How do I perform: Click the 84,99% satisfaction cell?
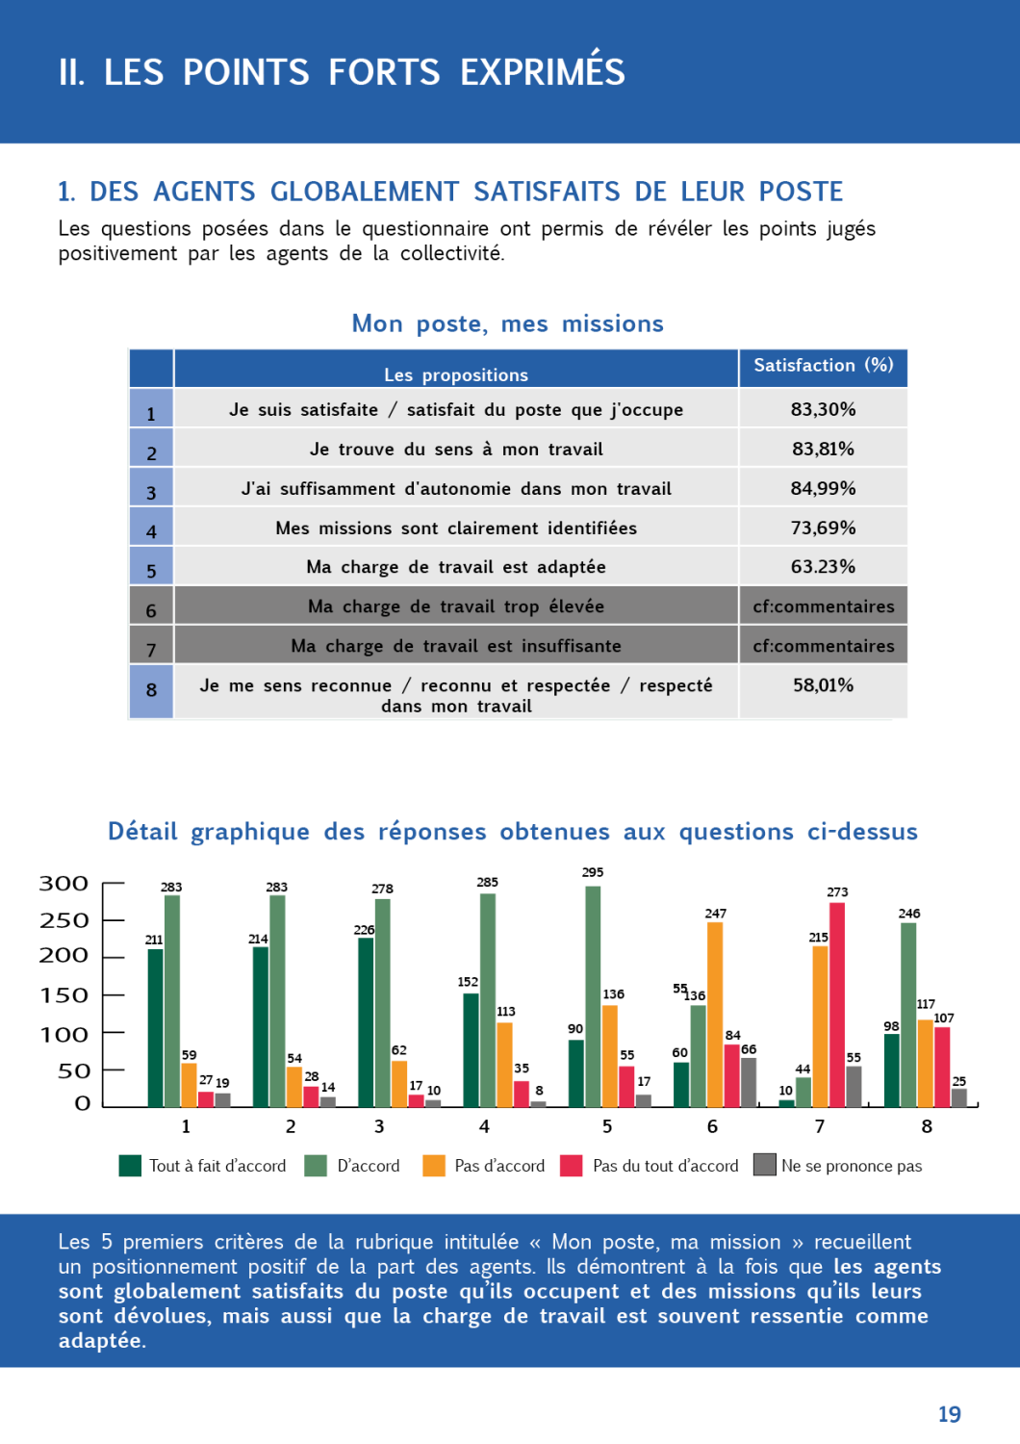(x=823, y=488)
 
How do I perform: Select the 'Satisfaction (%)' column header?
(x=823, y=366)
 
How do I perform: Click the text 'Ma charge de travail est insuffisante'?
(x=456, y=646)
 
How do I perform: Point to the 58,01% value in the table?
(x=823, y=685)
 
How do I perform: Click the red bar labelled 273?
(x=837, y=1004)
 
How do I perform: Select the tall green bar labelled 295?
(x=593, y=996)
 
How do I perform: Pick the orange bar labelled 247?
(x=715, y=1015)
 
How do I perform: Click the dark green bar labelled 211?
(x=155, y=1027)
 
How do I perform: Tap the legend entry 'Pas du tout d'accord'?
(x=665, y=1166)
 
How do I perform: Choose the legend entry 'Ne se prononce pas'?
(x=851, y=1166)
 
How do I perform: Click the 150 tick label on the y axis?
(x=64, y=995)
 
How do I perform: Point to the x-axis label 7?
(x=820, y=1126)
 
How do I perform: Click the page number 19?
(x=949, y=1414)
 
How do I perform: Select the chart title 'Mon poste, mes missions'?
(x=507, y=323)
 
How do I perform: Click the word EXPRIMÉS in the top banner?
(x=542, y=73)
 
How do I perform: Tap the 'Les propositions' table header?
(x=456, y=374)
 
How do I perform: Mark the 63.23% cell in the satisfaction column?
(x=823, y=567)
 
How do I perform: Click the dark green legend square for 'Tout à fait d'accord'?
(x=130, y=1166)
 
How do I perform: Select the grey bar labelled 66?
(x=749, y=1082)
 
